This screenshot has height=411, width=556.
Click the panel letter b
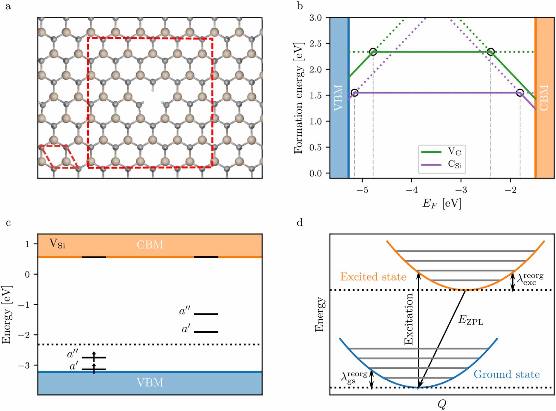[300, 6]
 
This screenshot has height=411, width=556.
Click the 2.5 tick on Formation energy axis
[316, 43]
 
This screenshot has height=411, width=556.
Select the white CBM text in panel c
[150, 245]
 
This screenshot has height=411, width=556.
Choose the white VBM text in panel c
[150, 383]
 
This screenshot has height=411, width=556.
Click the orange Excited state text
[373, 277]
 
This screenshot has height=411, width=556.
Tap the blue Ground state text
[506, 375]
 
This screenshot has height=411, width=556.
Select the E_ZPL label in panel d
[471, 320]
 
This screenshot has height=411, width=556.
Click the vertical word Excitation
[409, 319]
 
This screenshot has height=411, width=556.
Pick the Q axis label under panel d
[442, 404]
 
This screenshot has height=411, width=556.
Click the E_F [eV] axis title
[442, 203]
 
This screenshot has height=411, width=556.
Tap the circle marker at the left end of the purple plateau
[355, 93]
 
